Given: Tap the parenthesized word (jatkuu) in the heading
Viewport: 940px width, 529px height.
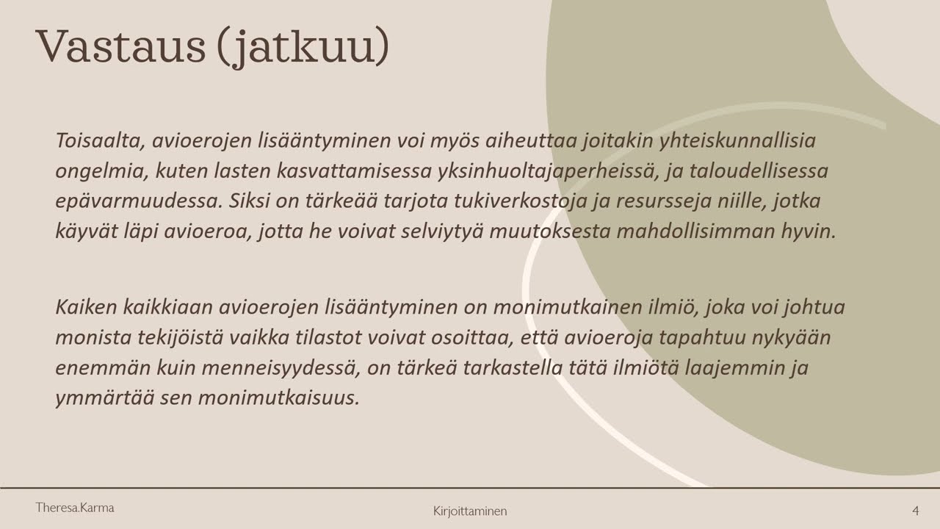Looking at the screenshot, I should coord(303,47).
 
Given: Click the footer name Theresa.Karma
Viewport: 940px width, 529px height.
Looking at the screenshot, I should coord(75,508).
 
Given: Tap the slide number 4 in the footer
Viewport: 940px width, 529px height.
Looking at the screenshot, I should coord(915,511).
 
